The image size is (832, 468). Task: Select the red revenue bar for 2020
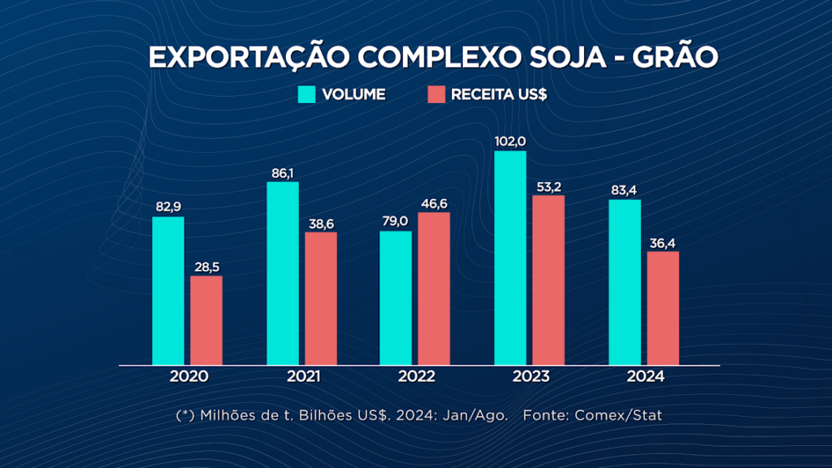(206, 320)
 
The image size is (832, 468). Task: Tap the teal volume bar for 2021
(283, 273)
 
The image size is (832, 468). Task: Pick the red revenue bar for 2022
(434, 288)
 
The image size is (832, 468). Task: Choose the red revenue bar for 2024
(663, 308)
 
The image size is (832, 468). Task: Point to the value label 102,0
(509, 141)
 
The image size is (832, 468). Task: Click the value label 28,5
(206, 266)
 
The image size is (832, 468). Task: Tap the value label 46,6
(434, 203)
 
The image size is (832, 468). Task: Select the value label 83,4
(625, 190)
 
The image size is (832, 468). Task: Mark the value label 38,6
(320, 223)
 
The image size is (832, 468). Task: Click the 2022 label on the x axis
(416, 377)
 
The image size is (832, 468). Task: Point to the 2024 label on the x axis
(645, 377)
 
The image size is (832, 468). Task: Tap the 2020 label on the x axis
(188, 377)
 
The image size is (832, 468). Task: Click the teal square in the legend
(306, 94)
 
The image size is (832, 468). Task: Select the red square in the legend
(436, 94)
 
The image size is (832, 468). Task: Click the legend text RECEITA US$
(499, 94)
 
